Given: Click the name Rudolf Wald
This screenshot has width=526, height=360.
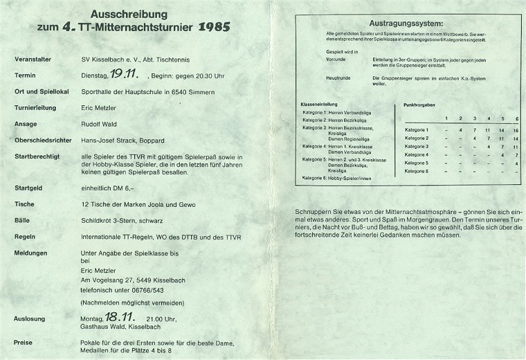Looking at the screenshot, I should [x=99, y=123].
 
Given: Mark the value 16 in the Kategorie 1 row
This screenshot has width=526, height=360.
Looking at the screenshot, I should [x=516, y=130].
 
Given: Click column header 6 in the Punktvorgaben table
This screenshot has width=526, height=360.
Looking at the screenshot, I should [x=516, y=118].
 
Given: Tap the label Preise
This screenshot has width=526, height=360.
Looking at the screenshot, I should [x=24, y=341].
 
